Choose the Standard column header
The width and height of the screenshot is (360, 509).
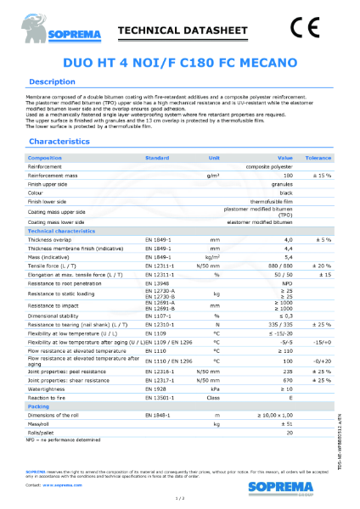pyautogui.click(x=157, y=159)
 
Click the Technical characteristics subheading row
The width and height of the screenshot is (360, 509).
pyautogui.click(x=67, y=232)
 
